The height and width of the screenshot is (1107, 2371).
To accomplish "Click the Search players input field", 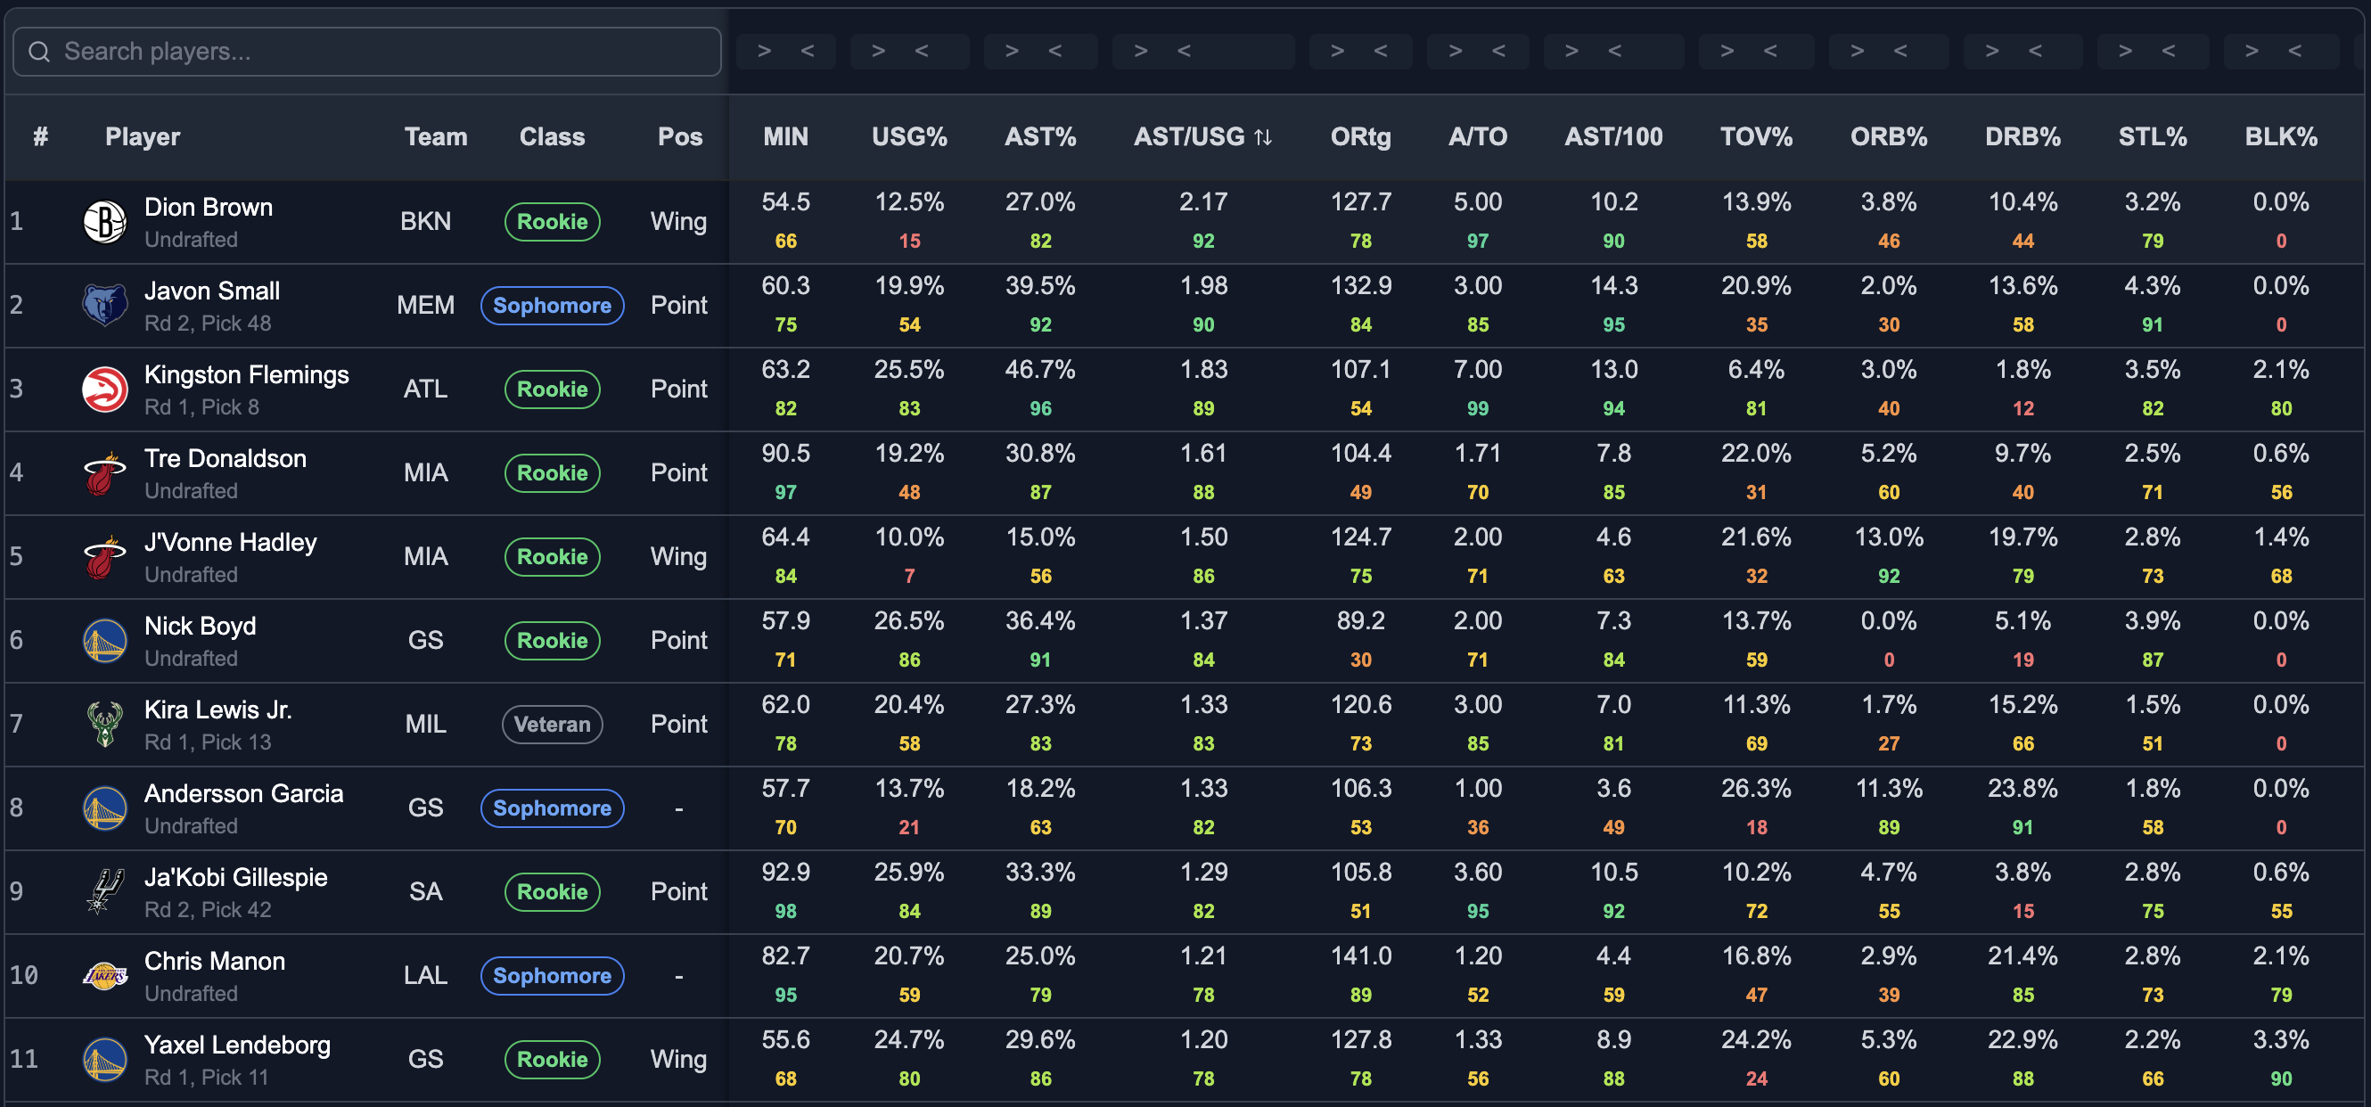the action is click(x=366, y=52).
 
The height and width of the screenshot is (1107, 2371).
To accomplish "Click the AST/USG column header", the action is click(x=1202, y=137).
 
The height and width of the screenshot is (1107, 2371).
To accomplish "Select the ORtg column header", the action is click(x=1360, y=137).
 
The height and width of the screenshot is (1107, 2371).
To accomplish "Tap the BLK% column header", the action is click(x=2280, y=137).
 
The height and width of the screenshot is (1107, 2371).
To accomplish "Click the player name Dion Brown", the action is click(x=208, y=207).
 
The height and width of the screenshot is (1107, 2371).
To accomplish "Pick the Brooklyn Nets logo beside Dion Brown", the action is click(x=105, y=222).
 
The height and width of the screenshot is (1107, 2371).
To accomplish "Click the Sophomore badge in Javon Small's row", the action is click(x=553, y=306).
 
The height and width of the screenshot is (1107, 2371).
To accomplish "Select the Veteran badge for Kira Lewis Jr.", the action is click(x=553, y=725).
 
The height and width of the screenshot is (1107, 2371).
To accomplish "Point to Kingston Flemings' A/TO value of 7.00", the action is click(x=1477, y=370).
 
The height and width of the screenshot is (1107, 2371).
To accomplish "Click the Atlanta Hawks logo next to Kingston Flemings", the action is click(x=105, y=389).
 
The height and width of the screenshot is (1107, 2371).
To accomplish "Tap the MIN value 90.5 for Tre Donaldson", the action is click(x=785, y=454).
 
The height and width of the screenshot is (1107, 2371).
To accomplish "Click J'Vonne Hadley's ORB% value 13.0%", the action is click(x=1888, y=537).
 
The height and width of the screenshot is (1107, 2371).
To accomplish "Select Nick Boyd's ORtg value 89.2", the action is click(x=1360, y=621).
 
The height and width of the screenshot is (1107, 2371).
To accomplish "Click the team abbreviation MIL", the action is click(x=425, y=725).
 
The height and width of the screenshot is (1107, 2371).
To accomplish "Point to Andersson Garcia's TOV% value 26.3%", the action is click(x=1756, y=789).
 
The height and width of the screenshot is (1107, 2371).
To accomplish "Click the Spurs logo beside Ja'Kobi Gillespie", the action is click(x=105, y=891).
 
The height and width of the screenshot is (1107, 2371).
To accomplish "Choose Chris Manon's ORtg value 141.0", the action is click(x=1360, y=956).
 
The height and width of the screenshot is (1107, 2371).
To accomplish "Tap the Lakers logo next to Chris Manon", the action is click(x=105, y=975).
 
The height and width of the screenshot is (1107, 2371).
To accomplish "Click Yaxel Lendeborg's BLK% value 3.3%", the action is click(x=2281, y=1040).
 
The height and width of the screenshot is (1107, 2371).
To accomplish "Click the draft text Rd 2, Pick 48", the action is click(x=208, y=324).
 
